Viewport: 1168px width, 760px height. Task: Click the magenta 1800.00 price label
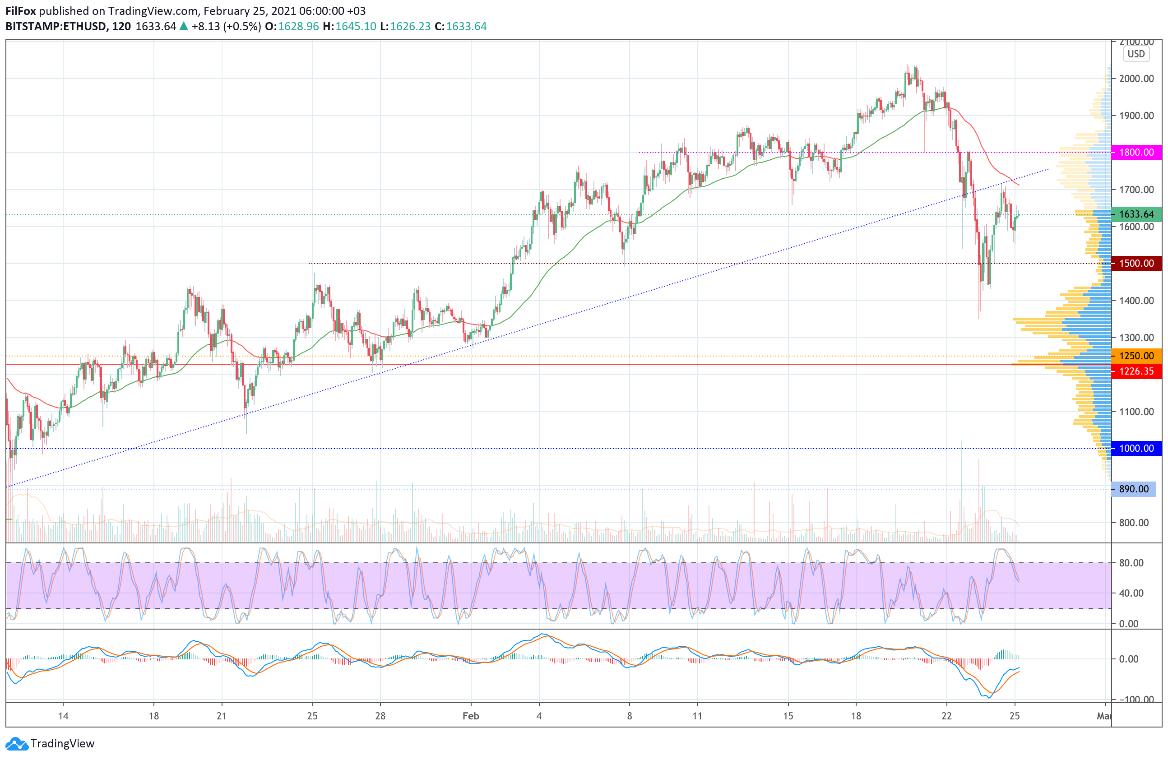pyautogui.click(x=1136, y=152)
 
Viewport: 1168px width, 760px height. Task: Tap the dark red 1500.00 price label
pyautogui.click(x=1136, y=264)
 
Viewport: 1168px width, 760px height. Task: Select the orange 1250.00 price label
pyautogui.click(x=1136, y=356)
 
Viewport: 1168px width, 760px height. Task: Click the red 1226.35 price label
pyautogui.click(x=1136, y=371)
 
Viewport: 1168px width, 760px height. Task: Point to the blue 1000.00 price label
pyautogui.click(x=1136, y=449)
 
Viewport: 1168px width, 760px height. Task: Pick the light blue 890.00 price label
pyautogui.click(x=1133, y=489)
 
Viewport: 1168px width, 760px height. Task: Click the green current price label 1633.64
pyautogui.click(x=1136, y=214)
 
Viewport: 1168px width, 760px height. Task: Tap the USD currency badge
pyautogui.click(x=1136, y=54)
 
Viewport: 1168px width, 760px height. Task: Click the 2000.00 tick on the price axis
pyautogui.click(x=1136, y=79)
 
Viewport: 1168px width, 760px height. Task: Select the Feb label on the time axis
pyautogui.click(x=471, y=716)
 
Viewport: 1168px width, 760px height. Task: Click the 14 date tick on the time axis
pyautogui.click(x=63, y=716)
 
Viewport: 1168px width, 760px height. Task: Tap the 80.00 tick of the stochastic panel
pyautogui.click(x=1131, y=563)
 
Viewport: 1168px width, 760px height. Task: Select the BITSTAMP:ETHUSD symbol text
pyautogui.click(x=56, y=27)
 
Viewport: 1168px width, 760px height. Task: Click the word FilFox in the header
pyautogui.click(x=21, y=11)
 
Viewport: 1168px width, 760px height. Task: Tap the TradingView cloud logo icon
pyautogui.click(x=17, y=744)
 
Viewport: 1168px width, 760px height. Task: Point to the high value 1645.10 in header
pyautogui.click(x=356, y=27)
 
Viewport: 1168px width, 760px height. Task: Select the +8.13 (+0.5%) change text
pyautogui.click(x=226, y=27)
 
